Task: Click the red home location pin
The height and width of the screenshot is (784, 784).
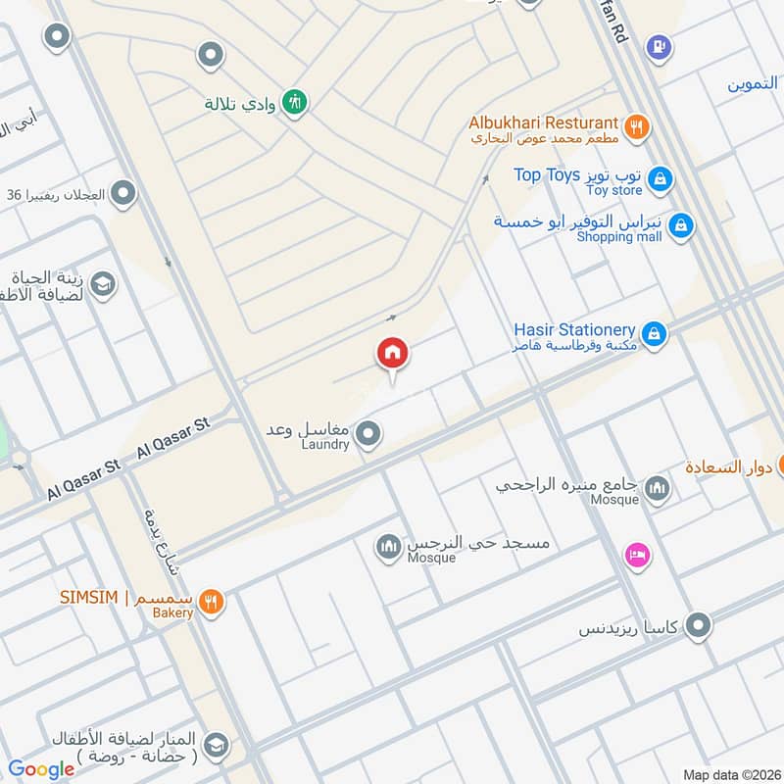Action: click(x=393, y=354)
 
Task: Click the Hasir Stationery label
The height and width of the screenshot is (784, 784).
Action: click(x=574, y=330)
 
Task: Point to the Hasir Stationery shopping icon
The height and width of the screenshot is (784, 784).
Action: click(x=655, y=335)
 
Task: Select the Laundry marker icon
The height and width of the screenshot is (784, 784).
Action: click(x=367, y=433)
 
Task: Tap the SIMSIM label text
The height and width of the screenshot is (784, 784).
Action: click(x=88, y=598)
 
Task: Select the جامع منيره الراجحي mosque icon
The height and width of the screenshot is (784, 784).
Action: click(x=658, y=487)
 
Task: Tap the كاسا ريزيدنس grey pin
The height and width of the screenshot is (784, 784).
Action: click(x=698, y=624)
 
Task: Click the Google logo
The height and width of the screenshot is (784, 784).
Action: click(x=41, y=769)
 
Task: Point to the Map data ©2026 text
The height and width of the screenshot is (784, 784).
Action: click(x=730, y=774)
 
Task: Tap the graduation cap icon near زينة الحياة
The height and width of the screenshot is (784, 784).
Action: click(x=102, y=285)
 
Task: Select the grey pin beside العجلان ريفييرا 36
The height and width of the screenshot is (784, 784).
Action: click(x=122, y=194)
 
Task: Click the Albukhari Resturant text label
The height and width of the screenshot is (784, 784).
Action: click(x=544, y=122)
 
